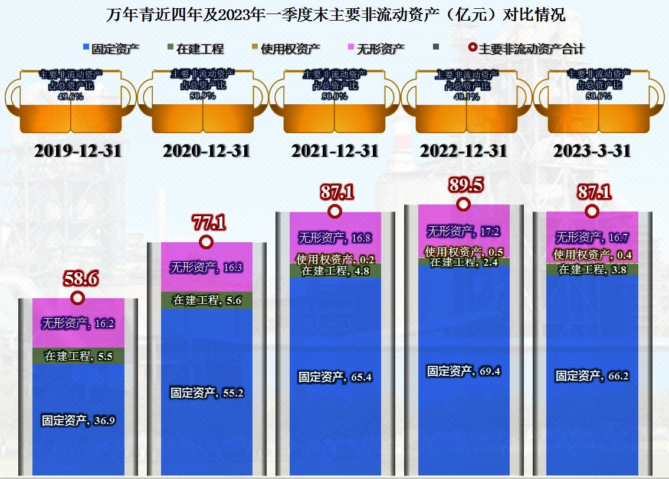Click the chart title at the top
coord(335,15)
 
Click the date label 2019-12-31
coord(78,151)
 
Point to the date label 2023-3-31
coord(592,151)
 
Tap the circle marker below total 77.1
coord(206,242)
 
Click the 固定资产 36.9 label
coord(78,421)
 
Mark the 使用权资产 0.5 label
coord(464,252)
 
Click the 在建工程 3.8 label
coord(592,270)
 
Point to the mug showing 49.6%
coord(71,100)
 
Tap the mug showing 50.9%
coord(203,100)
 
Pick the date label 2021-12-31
coord(335,151)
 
